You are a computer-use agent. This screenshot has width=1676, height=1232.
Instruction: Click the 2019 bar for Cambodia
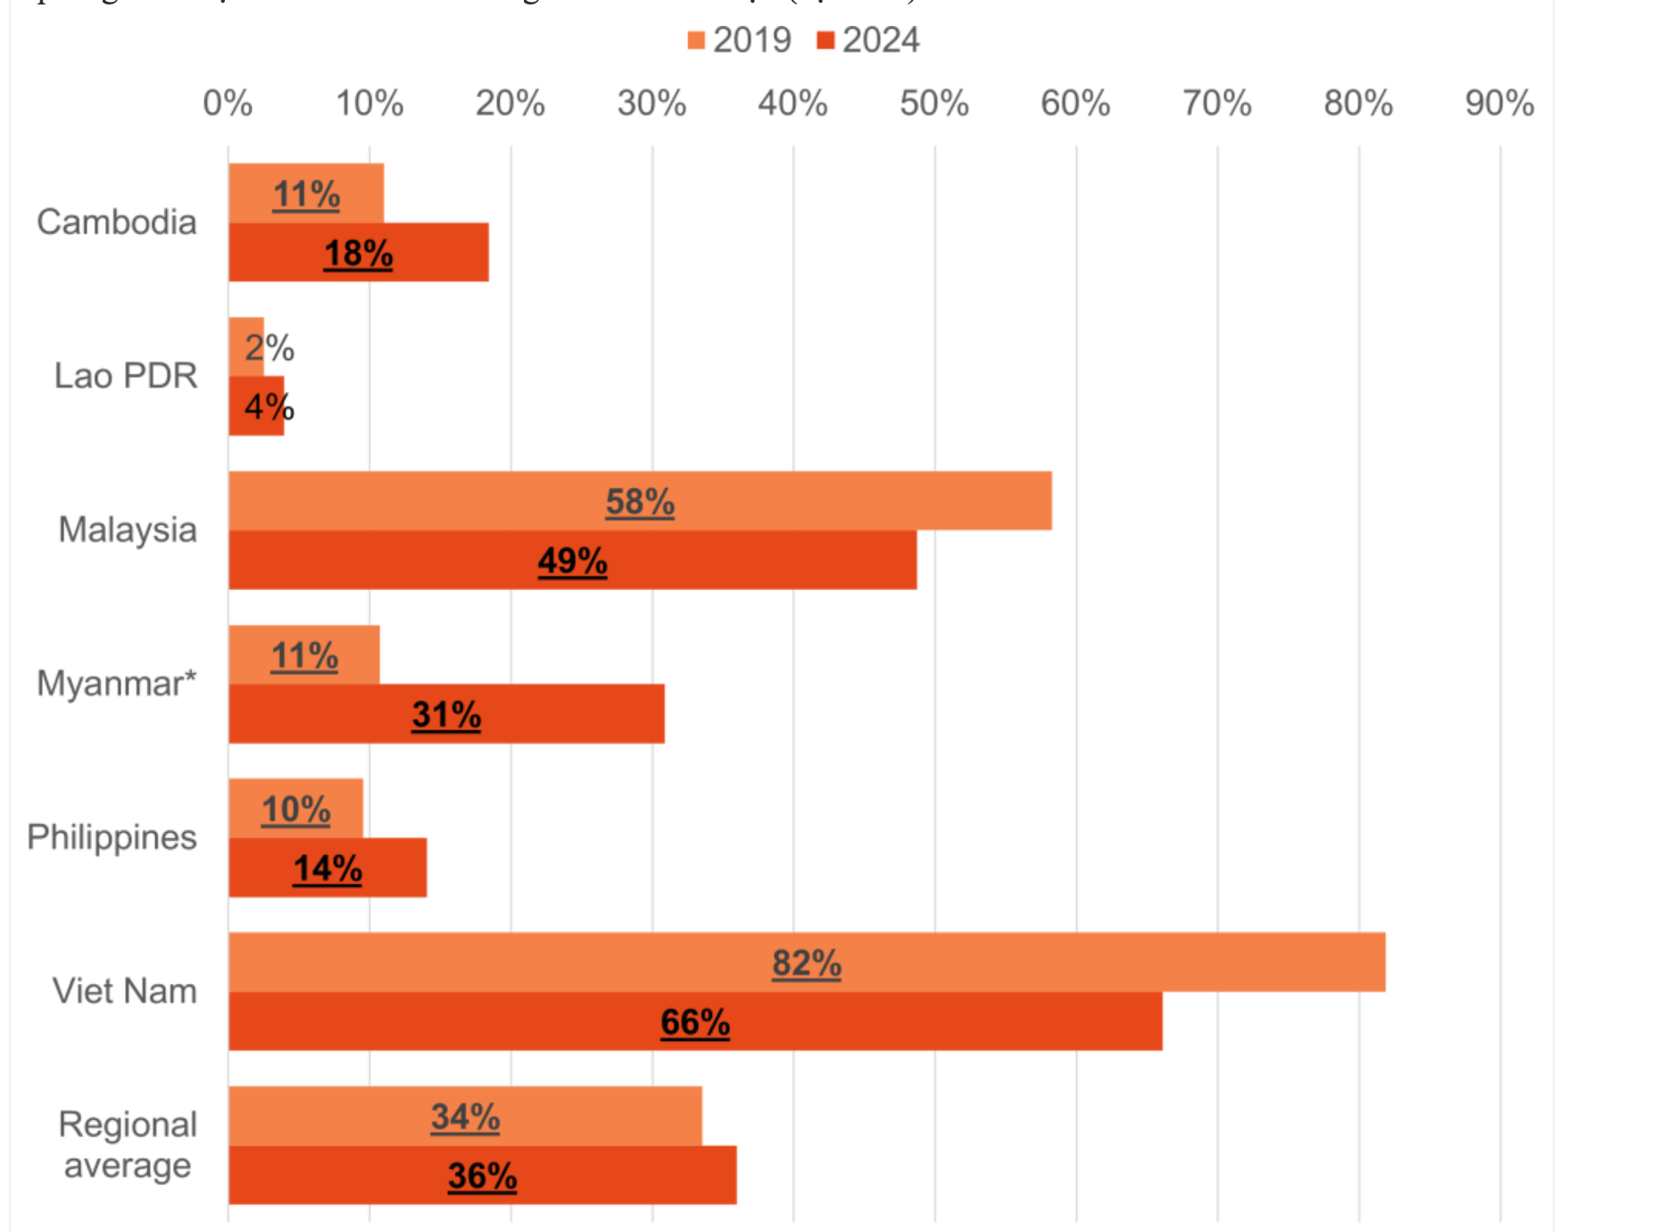(x=306, y=194)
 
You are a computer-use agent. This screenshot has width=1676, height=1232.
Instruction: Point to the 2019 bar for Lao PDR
(x=246, y=347)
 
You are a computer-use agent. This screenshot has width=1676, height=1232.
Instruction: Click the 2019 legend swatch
(x=696, y=40)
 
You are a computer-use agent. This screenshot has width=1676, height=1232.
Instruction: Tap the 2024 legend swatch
(x=826, y=40)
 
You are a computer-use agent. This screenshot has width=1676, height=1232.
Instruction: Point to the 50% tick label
(x=933, y=104)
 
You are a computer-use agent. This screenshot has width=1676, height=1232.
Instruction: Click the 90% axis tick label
(x=1499, y=104)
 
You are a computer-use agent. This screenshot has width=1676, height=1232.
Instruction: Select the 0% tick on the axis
(x=228, y=104)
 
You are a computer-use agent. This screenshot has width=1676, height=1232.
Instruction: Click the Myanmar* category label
(x=116, y=684)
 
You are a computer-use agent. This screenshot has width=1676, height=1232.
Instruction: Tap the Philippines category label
(x=112, y=837)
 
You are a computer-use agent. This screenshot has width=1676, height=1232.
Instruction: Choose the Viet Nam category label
(x=124, y=991)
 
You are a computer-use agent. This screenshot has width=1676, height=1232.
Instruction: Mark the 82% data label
(x=806, y=963)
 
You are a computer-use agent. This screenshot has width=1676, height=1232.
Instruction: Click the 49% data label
(x=572, y=561)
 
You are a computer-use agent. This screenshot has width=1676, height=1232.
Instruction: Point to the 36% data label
(x=482, y=1176)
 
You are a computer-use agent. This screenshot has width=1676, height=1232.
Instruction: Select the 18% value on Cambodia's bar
(x=358, y=254)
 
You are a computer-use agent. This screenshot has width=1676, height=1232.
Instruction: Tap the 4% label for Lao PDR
(x=269, y=407)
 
